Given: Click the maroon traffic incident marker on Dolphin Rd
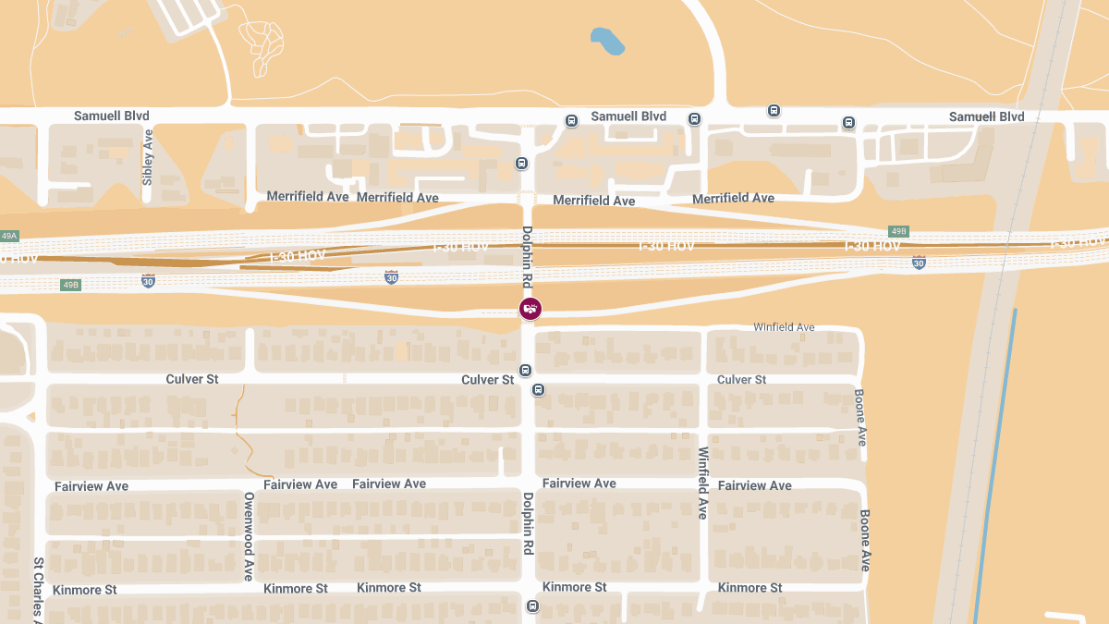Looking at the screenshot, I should [530, 309].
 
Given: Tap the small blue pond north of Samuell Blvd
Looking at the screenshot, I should [607, 40].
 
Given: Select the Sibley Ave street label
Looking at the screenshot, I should [147, 158].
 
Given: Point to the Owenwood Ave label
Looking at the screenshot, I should [249, 536].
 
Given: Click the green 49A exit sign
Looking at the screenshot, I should [9, 237].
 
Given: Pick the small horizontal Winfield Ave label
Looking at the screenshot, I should [784, 327].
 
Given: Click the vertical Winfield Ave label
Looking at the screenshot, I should [703, 483].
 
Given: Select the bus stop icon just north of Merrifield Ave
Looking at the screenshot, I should [521, 165].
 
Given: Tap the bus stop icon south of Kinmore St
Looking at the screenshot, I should [532, 606].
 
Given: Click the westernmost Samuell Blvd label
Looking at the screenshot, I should [112, 116].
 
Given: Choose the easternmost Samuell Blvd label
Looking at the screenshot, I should [986, 116].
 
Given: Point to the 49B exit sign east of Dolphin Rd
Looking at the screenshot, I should [898, 231].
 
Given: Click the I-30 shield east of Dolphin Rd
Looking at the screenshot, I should [918, 263].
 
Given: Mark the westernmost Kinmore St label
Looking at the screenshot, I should [85, 590].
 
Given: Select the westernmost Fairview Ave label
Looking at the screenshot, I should [91, 486].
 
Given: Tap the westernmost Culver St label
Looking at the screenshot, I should [191, 379].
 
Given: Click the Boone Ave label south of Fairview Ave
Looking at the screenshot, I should [866, 540].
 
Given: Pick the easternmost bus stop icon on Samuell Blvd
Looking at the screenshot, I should [848, 123].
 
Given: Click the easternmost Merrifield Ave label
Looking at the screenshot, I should [733, 198].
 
